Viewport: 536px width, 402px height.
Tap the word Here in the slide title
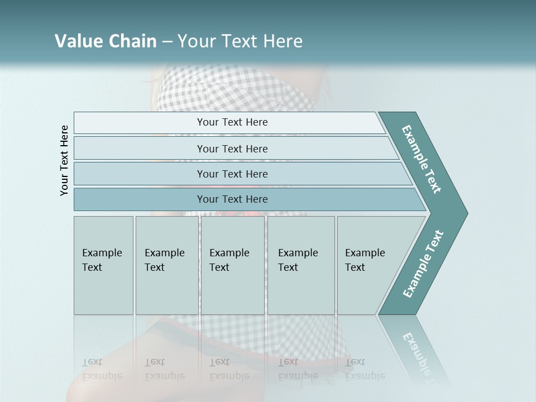click(283, 41)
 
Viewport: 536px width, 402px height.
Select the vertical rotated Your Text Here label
click(64, 161)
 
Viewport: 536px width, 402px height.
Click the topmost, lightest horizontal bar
click(140, 123)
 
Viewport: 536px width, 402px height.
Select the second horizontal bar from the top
click(140, 149)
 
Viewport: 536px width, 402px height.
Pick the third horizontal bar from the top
click(140, 174)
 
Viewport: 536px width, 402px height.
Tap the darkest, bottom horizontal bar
click(140, 199)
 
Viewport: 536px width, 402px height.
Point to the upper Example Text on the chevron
click(422, 159)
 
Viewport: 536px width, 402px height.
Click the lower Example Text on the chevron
click(423, 264)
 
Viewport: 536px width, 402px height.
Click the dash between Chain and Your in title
click(167, 42)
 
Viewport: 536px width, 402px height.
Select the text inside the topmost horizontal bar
click(232, 122)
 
